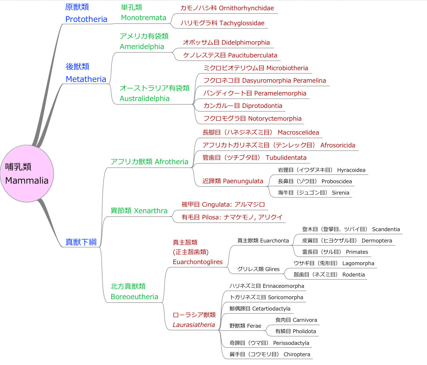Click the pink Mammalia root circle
27,173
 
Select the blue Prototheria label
86,19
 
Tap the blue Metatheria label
86,79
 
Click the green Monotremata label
143,18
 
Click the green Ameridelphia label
142,46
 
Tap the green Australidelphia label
145,98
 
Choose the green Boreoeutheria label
134,297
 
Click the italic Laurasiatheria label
194,325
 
